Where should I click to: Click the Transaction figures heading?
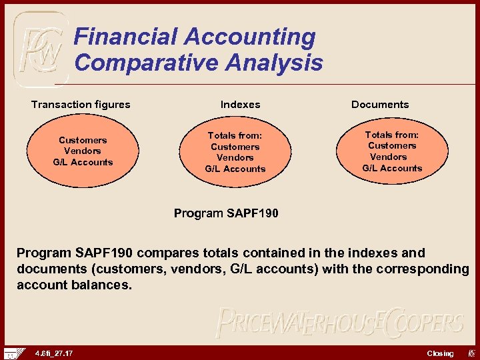(x=81, y=104)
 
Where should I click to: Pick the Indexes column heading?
(x=240, y=104)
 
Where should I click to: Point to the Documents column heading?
(x=380, y=104)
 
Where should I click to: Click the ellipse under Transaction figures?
(x=83, y=151)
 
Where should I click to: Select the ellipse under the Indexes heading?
(x=235, y=151)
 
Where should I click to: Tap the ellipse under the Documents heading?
(x=392, y=151)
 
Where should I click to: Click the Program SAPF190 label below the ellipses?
(x=226, y=213)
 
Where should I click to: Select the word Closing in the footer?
(x=440, y=353)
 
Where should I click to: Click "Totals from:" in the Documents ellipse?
(x=392, y=135)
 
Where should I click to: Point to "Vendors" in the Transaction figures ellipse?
(x=83, y=151)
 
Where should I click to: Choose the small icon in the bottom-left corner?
(x=13, y=353)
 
